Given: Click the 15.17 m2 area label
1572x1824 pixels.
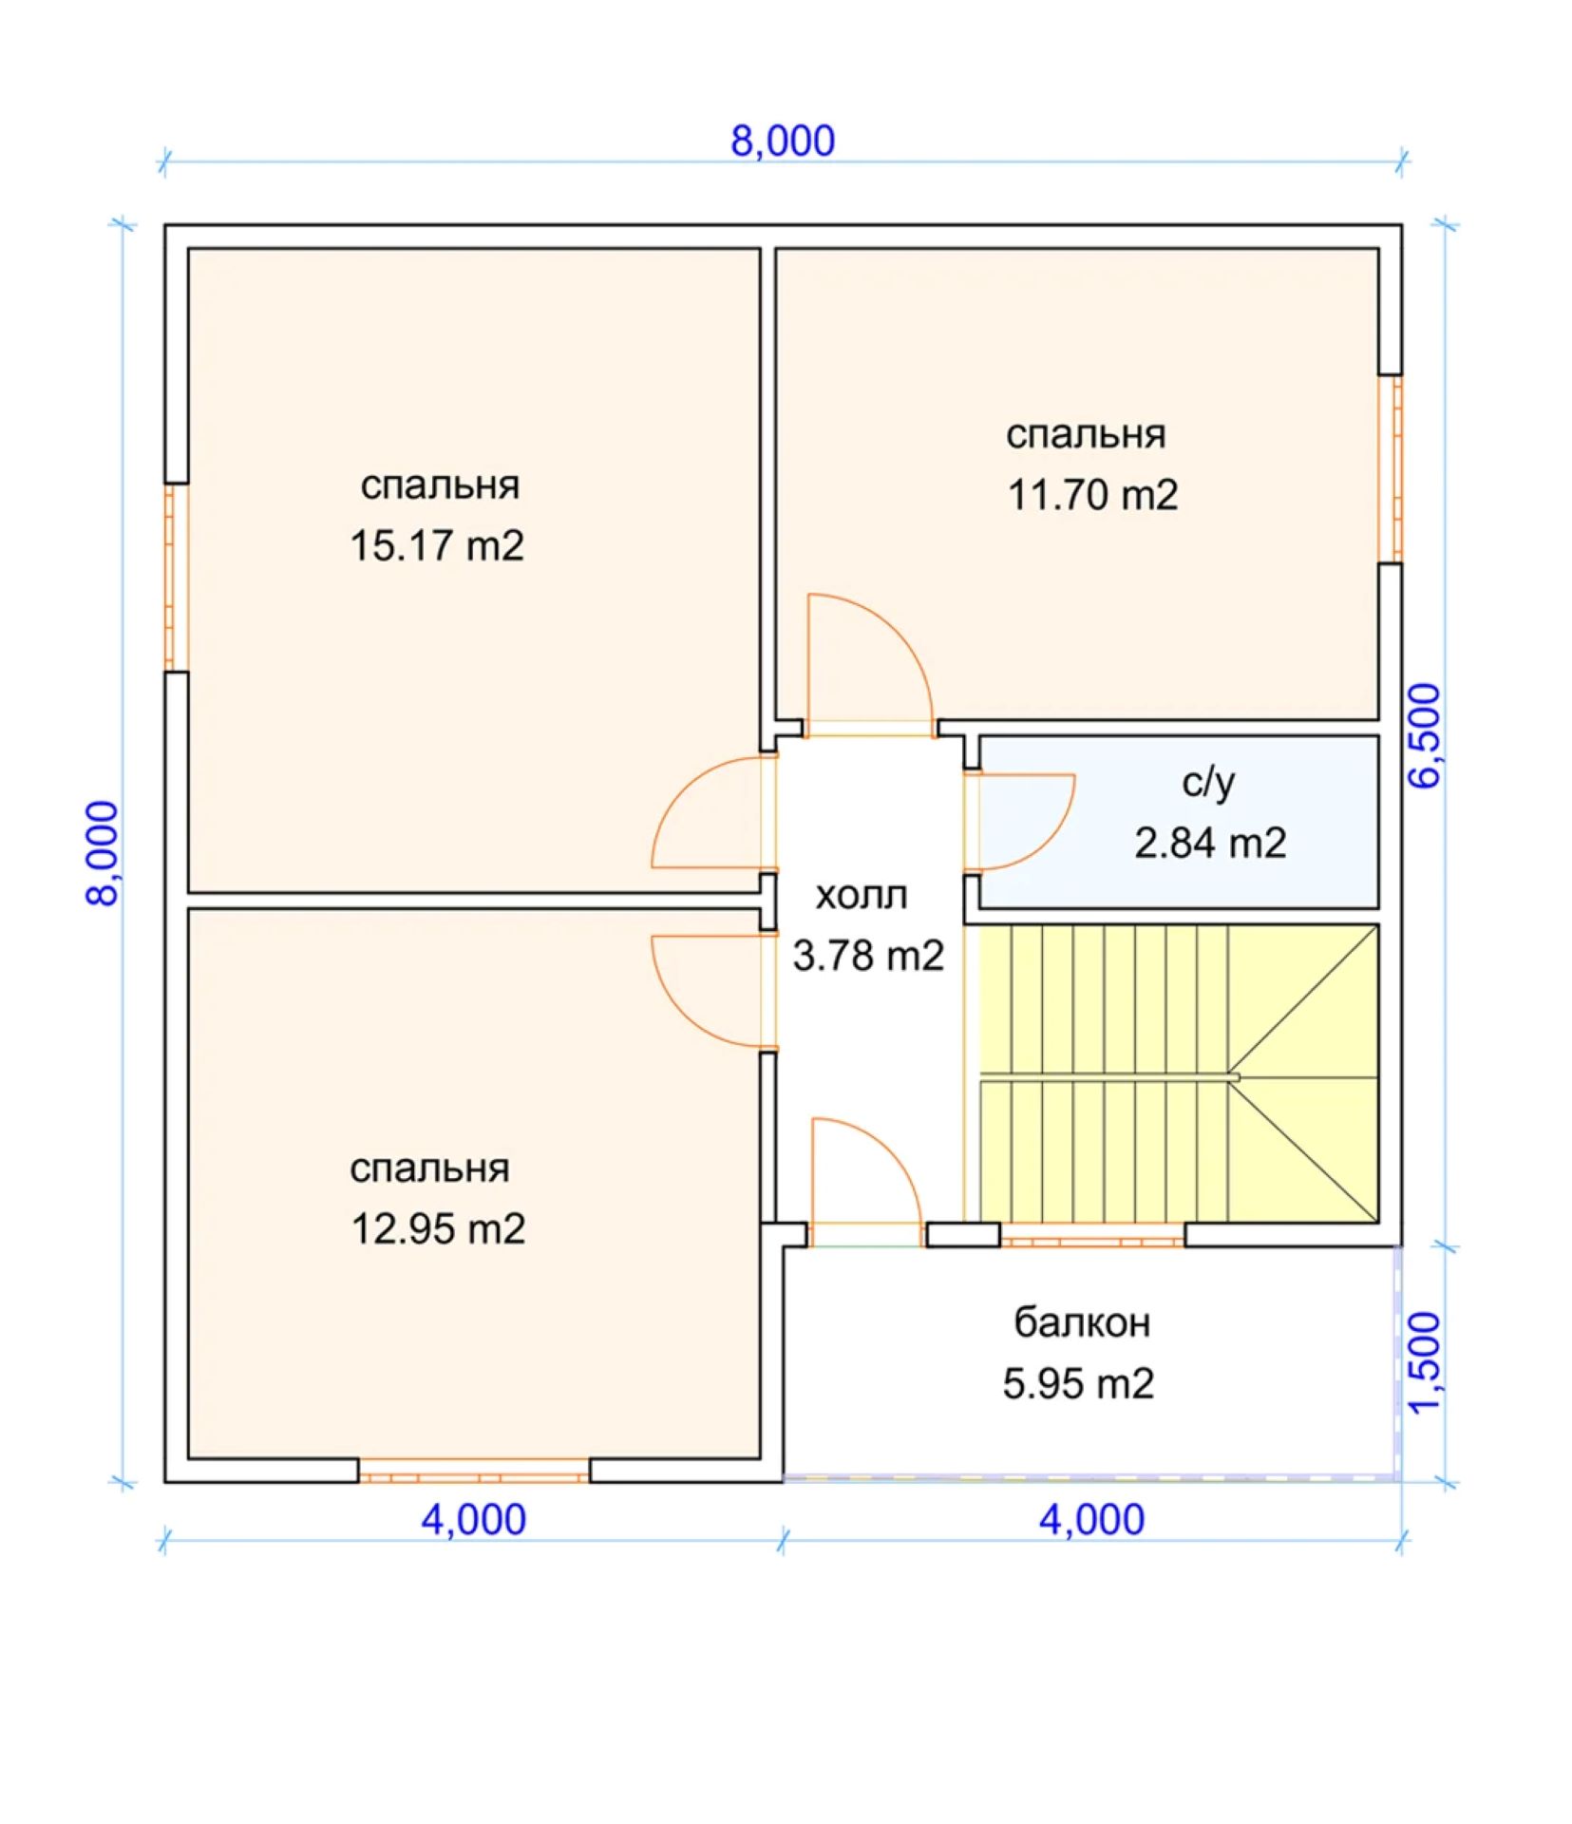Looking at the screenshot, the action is (437, 546).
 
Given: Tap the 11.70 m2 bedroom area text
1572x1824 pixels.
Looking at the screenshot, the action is (1092, 495).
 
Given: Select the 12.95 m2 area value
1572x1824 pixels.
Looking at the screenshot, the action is (438, 1229).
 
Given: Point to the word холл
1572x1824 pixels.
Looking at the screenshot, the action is (862, 896).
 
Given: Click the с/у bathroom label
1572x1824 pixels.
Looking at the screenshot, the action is (1209, 784).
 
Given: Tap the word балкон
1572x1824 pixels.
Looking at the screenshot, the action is (1082, 1322).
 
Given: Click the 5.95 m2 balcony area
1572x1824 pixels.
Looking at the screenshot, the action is (1078, 1384).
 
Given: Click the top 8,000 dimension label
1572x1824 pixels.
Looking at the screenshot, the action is (783, 141).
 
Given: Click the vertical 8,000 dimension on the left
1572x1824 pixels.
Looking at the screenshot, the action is (104, 854).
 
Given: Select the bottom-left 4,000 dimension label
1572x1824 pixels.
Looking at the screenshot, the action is (474, 1520).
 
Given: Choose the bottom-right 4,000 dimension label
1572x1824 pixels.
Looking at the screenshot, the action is (1091, 1520).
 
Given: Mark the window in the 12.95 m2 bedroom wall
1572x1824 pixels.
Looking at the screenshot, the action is (474, 1478).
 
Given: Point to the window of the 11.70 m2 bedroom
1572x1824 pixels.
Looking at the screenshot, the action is (1391, 469).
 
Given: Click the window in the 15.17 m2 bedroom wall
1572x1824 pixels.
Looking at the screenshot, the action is (177, 578).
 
